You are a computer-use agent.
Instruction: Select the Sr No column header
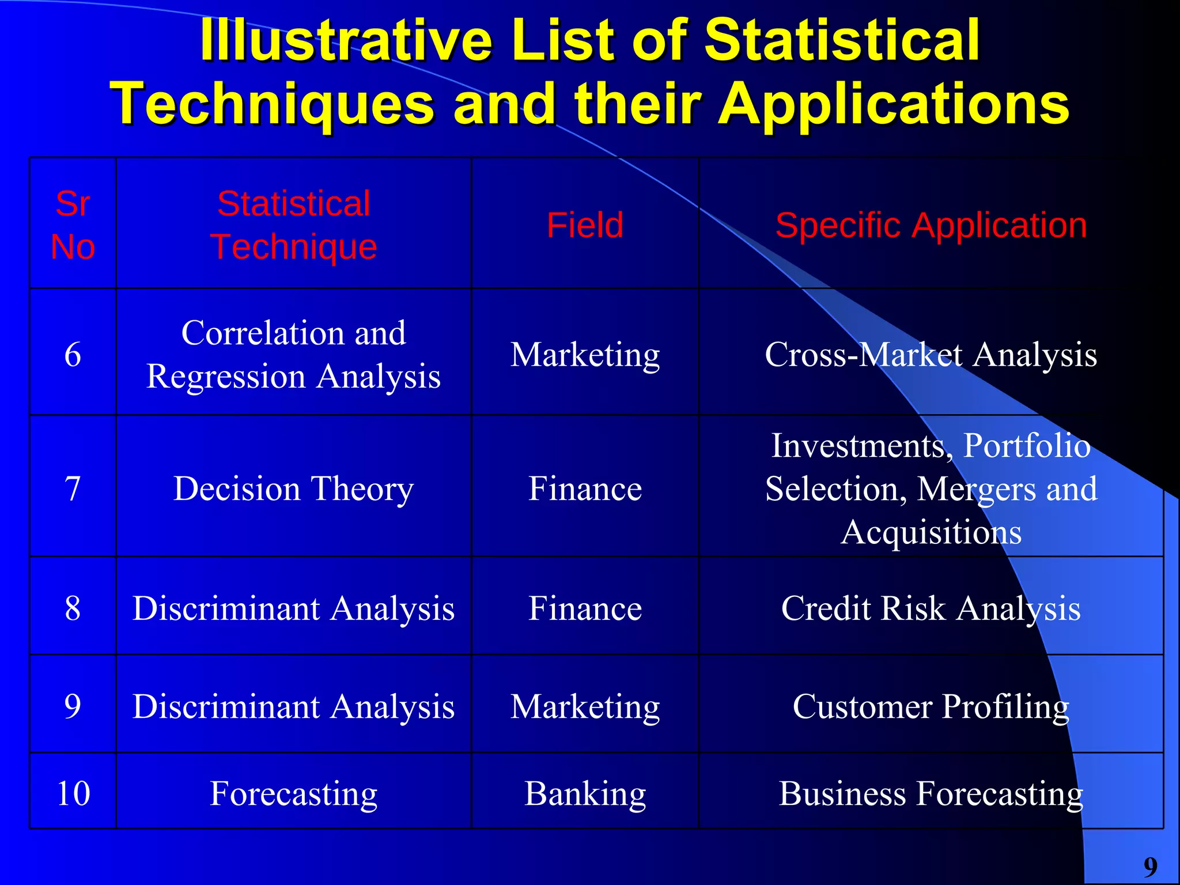[73, 225]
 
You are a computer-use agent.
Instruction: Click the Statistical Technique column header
[293, 225]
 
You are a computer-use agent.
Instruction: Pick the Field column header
[585, 225]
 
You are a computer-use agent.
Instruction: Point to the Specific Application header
[931, 225]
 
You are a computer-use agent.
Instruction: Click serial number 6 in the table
[73, 354]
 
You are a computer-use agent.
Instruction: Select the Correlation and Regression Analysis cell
[293, 354]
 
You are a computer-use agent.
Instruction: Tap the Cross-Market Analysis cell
[931, 354]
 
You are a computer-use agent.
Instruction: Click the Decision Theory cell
[293, 489]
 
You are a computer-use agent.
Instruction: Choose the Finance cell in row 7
[585, 489]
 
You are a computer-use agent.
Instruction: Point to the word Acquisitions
[931, 532]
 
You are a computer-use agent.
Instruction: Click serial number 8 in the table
[73, 608]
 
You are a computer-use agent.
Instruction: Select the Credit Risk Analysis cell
[931, 608]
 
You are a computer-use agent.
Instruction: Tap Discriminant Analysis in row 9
[293, 706]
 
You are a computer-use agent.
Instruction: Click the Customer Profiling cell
[931, 706]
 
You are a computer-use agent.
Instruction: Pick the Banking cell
[585, 793]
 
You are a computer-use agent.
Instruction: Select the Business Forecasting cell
[931, 793]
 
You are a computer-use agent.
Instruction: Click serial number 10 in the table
[73, 793]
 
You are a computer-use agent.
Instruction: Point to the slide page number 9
[1150, 867]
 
